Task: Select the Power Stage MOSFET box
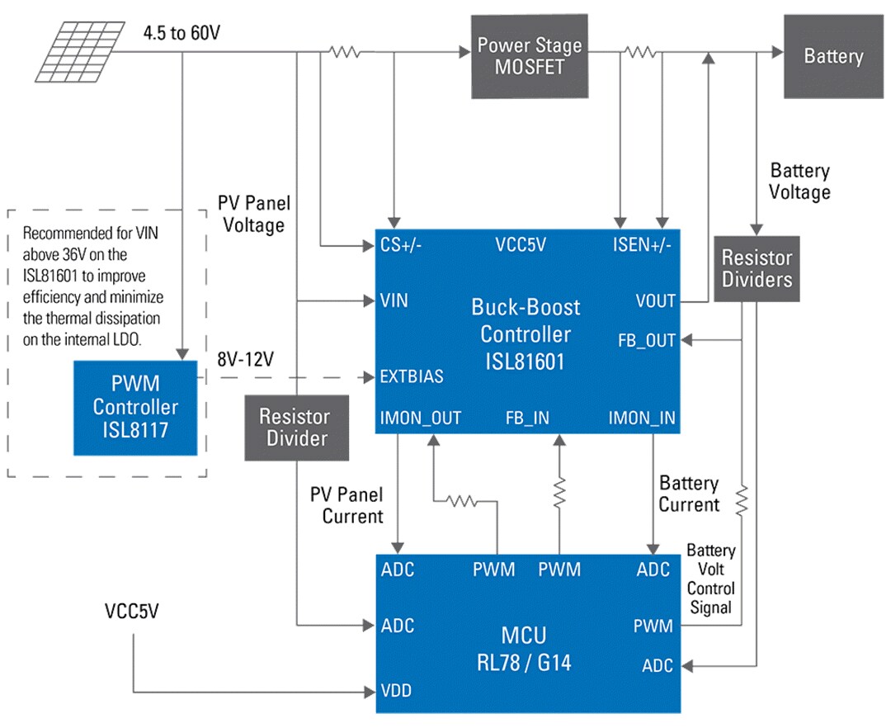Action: click(x=528, y=55)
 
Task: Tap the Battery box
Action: click(x=832, y=56)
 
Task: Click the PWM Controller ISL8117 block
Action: click(x=135, y=407)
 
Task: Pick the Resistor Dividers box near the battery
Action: click(x=756, y=268)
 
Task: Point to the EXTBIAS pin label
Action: click(x=412, y=376)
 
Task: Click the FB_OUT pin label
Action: click(x=646, y=340)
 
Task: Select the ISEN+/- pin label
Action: click(x=640, y=245)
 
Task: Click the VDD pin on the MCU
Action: click(x=396, y=691)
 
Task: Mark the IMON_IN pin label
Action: click(x=641, y=418)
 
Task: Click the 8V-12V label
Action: click(x=244, y=361)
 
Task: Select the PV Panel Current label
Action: click(x=346, y=505)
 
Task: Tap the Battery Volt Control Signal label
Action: click(x=710, y=579)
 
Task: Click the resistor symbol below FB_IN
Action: click(x=559, y=494)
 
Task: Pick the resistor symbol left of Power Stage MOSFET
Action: click(x=344, y=52)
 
